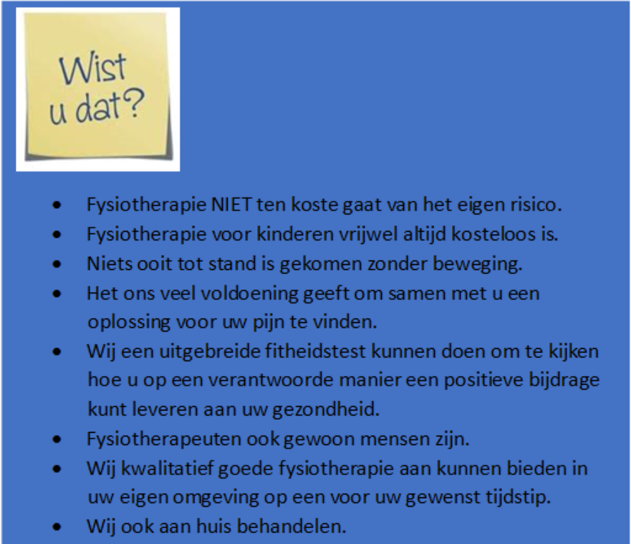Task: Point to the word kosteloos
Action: (x=493, y=234)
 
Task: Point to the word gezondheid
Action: (x=326, y=410)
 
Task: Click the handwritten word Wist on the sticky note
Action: (x=93, y=69)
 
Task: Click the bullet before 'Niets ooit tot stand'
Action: (x=57, y=264)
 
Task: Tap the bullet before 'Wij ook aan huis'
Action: (x=57, y=527)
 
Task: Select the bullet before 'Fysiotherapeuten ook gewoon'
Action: (x=57, y=440)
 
